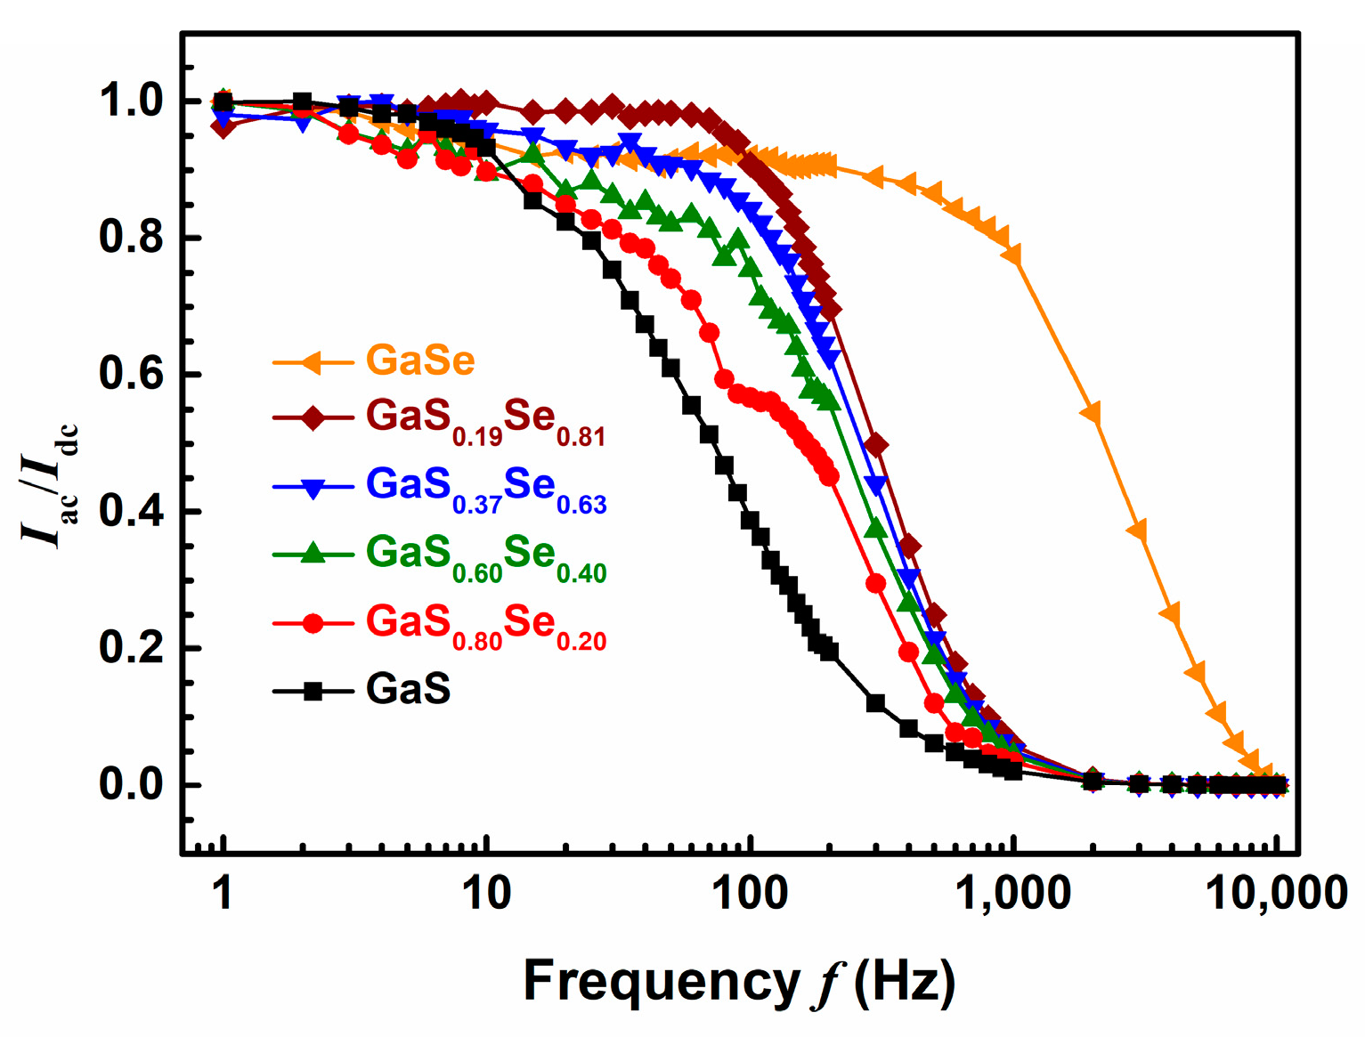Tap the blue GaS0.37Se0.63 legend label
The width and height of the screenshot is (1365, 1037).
point(485,488)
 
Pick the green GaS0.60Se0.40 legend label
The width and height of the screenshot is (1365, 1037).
point(485,556)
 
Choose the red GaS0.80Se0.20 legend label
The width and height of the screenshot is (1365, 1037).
point(485,625)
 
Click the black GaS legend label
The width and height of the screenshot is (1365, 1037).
point(408,690)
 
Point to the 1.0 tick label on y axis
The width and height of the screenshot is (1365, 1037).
point(131,102)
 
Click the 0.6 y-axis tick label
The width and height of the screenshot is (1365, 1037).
point(131,375)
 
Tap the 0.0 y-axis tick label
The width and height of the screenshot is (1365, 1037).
point(131,785)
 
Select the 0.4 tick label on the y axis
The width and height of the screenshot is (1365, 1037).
point(131,512)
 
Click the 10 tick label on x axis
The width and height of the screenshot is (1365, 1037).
point(485,893)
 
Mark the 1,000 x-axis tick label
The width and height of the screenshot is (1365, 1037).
point(1012,893)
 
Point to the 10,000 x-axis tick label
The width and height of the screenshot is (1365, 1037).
point(1275,893)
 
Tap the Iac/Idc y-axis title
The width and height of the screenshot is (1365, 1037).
point(51,485)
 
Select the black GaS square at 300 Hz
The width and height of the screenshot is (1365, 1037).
point(875,703)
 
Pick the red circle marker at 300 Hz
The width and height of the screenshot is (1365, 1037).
point(875,583)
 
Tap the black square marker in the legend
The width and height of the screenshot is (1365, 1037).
point(313,691)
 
